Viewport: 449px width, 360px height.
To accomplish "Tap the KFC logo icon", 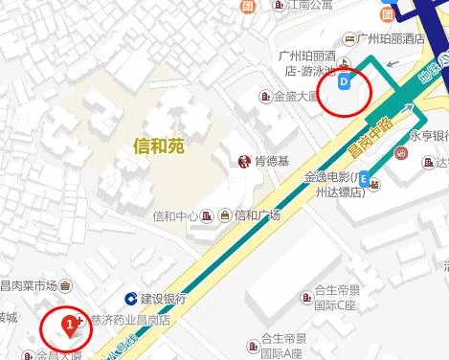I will (244, 162).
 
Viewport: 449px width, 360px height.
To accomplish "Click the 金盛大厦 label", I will (296, 96).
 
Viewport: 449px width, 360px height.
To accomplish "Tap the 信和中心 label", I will (174, 215).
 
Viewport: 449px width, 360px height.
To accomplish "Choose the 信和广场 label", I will (257, 215).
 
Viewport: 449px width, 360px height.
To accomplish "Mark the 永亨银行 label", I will (430, 136).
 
